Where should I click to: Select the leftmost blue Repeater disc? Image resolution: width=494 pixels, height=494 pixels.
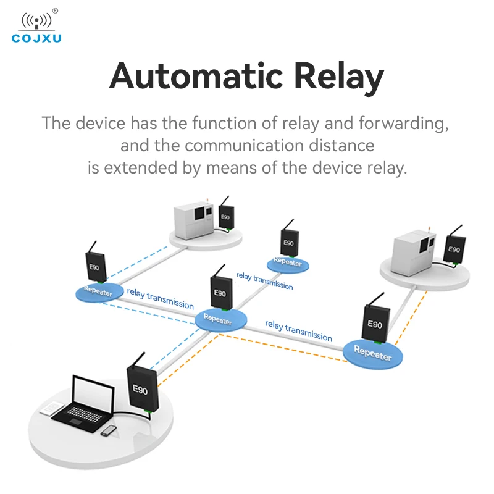98,291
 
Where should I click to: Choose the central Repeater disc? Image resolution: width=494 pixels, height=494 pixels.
220,319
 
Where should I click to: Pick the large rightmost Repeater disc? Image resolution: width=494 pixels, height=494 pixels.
373,353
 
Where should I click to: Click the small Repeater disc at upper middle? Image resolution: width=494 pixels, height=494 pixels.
288,263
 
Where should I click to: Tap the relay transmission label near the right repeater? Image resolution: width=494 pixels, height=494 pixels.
298,330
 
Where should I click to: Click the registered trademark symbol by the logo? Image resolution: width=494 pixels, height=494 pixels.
55,10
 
